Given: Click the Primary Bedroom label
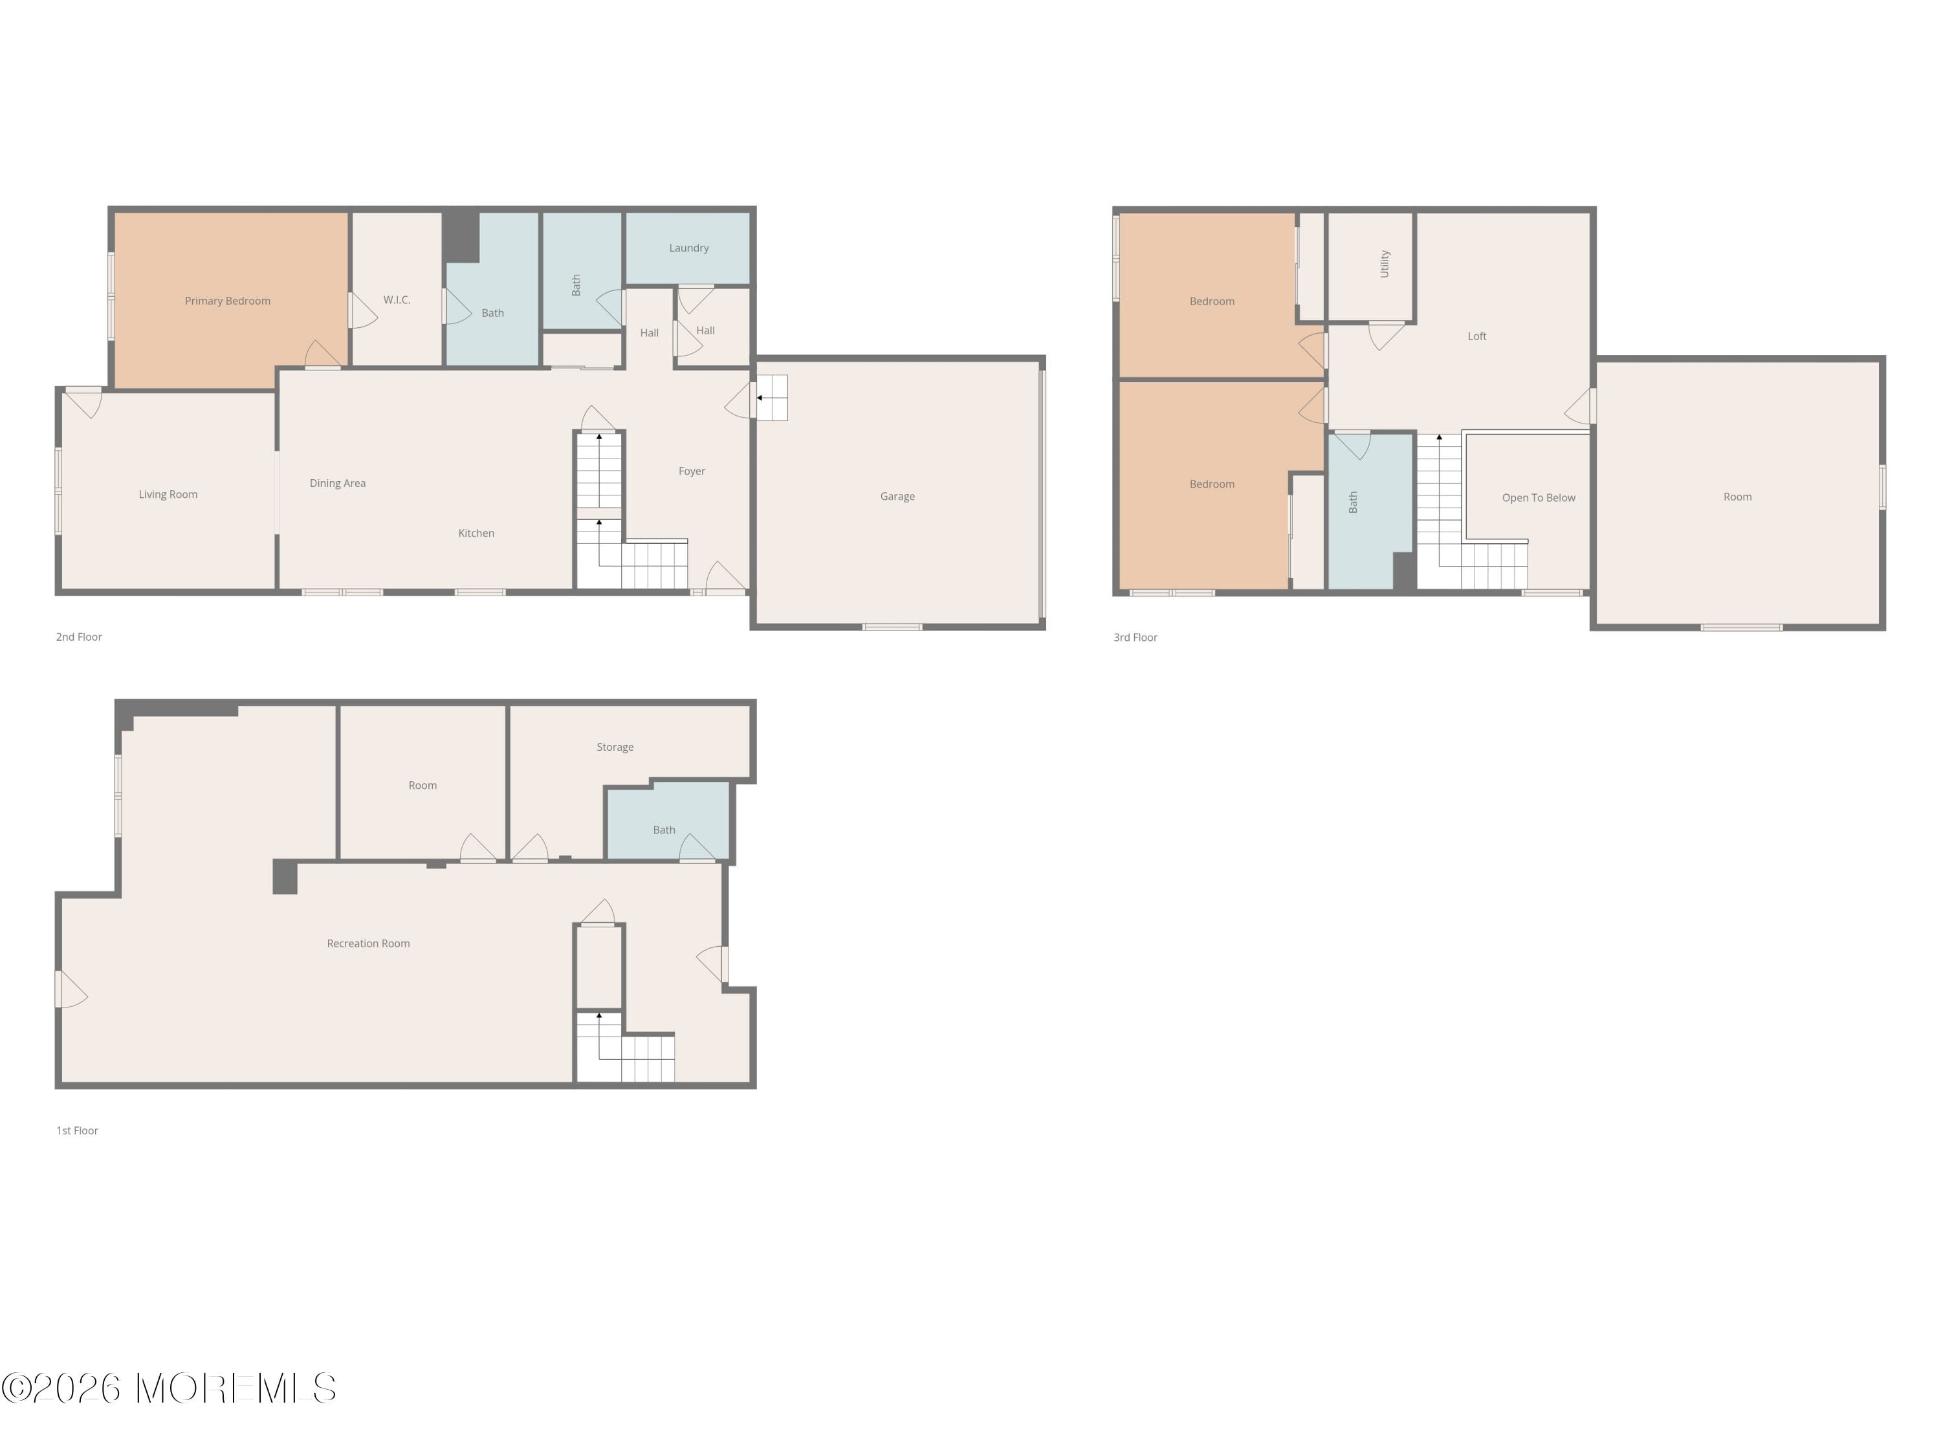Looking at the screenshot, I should click(x=227, y=301).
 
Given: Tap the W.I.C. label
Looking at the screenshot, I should click(x=397, y=300).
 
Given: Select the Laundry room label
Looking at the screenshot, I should click(x=689, y=248).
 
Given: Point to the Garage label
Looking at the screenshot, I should click(x=897, y=497).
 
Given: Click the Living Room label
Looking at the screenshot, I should click(x=168, y=495).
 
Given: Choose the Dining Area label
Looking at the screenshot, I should click(x=338, y=483).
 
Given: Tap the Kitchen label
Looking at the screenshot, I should click(x=476, y=533).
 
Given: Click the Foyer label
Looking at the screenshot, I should click(x=692, y=471).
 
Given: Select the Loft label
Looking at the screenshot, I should click(x=1477, y=336).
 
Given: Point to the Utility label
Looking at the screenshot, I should click(x=1385, y=264).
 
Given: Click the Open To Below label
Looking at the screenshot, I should click(x=1538, y=498).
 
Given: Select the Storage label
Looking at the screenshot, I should click(x=615, y=748).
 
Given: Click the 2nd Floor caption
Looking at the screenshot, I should click(x=79, y=638).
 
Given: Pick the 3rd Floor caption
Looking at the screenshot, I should click(x=1135, y=638).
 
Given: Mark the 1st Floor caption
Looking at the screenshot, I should click(x=77, y=1132).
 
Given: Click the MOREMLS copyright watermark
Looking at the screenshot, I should click(x=168, y=1388).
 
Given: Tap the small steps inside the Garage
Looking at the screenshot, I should click(x=772, y=397).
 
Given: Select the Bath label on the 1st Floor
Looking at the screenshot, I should click(x=664, y=830).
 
